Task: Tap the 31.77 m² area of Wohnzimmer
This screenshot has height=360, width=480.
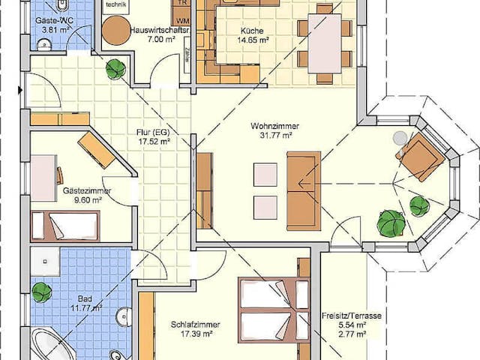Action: (x=271, y=136)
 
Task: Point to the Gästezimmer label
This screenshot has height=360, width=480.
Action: (x=87, y=191)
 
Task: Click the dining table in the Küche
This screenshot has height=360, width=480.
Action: (x=324, y=43)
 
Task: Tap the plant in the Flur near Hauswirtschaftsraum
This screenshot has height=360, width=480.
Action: (x=115, y=70)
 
